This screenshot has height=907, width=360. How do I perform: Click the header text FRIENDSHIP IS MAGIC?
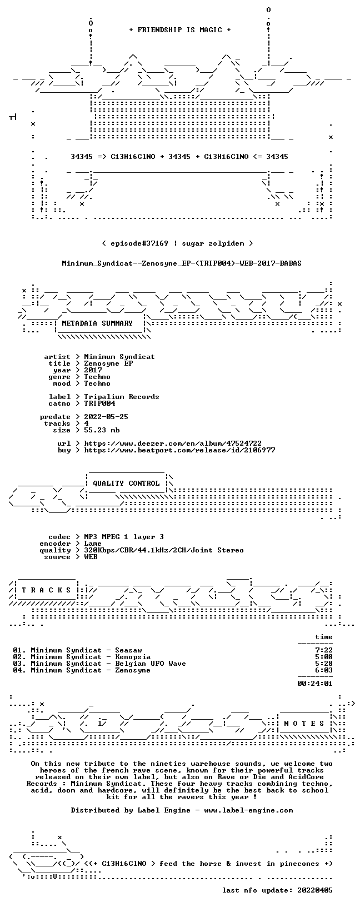tap(180, 30)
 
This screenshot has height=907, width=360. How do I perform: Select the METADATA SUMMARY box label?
tap(97, 323)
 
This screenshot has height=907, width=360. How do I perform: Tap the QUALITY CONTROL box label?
tap(126, 484)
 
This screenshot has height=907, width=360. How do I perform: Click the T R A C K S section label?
tap(47, 590)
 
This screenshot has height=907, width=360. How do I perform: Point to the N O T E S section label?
tap(304, 724)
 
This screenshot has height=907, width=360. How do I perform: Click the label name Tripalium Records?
tap(122, 397)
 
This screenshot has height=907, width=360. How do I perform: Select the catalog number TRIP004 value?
tap(99, 403)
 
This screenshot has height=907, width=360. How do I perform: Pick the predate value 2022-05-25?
tap(106, 417)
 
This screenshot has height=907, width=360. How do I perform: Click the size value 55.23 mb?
tap(102, 430)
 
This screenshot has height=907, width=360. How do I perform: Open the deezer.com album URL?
tap(173, 443)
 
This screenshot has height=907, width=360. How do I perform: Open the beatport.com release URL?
tap(179, 450)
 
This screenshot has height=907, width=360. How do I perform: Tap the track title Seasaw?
tap(128, 650)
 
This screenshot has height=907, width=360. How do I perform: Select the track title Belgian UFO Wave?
tap(151, 664)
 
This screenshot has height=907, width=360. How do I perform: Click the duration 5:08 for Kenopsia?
tap(324, 657)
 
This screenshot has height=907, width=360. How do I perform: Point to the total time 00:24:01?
tap(315, 684)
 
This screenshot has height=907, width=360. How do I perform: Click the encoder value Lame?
tap(93, 544)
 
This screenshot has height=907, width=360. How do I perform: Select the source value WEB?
tap(91, 557)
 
